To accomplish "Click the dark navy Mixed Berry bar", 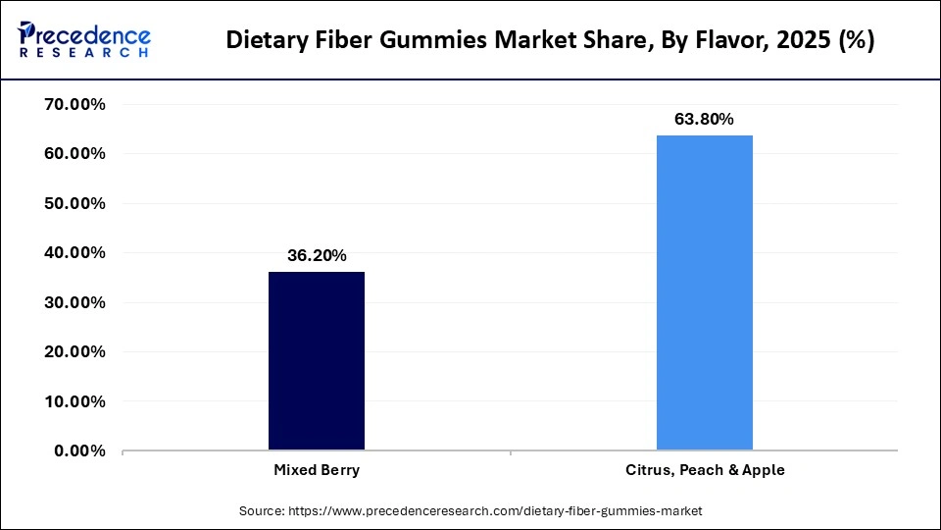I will pos(317,360).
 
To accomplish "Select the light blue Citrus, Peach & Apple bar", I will pos(704,292).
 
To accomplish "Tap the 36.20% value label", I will pos(317,255).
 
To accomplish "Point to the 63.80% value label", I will pos(704,120).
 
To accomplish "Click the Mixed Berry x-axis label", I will pos(317,470).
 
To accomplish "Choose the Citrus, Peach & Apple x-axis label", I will pos(705,470).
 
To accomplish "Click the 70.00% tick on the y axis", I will pos(75,104).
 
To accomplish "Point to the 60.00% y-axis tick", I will pos(75,154).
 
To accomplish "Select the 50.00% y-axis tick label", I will pos(75,203).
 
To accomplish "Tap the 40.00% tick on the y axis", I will pos(75,252).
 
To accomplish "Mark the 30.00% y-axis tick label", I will pos(75,302).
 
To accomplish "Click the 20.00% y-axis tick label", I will pos(75,351).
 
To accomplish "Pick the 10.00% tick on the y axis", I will pos(75,401).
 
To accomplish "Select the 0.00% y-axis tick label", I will pos(79,450).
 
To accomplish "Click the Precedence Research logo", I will pos(84,39).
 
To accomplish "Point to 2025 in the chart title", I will pos(792,41).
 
